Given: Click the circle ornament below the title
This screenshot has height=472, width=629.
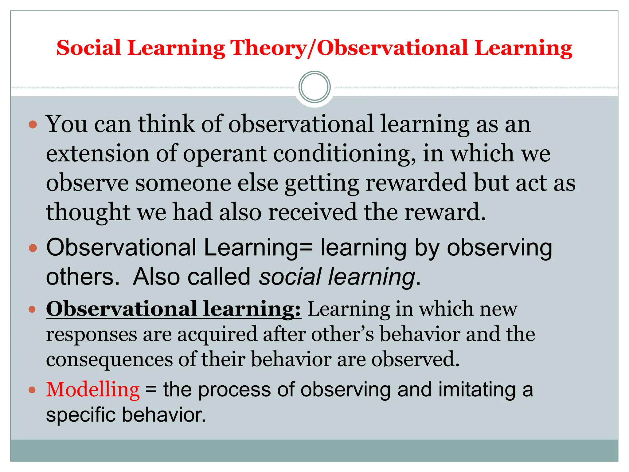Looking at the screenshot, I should click(x=314, y=87).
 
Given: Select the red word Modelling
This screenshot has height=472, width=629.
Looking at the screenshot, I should click(x=93, y=390).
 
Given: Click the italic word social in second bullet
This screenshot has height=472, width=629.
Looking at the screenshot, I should click(x=290, y=277).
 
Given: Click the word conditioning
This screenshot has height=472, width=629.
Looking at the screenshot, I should click(x=345, y=154).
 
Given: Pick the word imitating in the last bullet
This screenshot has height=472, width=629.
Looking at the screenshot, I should click(x=477, y=390).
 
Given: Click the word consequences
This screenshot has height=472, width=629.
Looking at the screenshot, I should click(x=109, y=360).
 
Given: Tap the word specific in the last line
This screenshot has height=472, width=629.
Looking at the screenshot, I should click(x=80, y=415).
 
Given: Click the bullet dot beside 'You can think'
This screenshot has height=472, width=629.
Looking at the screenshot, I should click(x=33, y=124).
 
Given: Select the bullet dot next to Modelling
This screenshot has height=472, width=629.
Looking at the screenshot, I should click(x=32, y=390).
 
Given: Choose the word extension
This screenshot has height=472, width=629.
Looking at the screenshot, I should click(x=97, y=154).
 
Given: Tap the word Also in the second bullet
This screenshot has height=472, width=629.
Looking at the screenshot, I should click(x=156, y=277).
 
